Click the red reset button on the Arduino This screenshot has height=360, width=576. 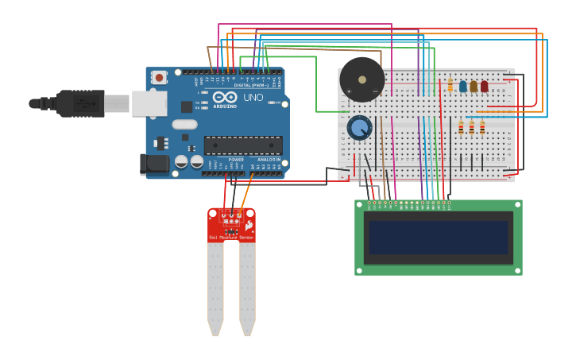click(160, 77)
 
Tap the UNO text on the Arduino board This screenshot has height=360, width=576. click(253, 98)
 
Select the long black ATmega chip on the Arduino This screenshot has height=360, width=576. click(243, 145)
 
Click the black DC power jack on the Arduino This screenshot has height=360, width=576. click(154, 164)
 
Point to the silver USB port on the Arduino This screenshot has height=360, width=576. click(149, 103)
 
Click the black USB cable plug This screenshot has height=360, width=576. click(80, 103)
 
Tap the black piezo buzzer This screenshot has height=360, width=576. click(362, 79)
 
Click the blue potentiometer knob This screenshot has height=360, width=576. click(360, 127)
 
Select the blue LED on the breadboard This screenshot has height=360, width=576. click(463, 86)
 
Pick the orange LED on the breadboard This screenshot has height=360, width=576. click(474, 86)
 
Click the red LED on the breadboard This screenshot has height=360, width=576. click(484, 86)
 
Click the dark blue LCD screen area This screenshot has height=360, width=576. click(438, 237)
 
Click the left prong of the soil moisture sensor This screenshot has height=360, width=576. click(215, 286)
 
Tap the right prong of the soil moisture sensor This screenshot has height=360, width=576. click(247, 286)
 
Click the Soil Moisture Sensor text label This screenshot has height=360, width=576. click(231, 238)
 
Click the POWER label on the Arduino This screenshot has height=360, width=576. click(236, 159)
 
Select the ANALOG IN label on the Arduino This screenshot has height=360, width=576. click(267, 159)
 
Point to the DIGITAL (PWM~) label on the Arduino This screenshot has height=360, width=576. click(248, 85)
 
